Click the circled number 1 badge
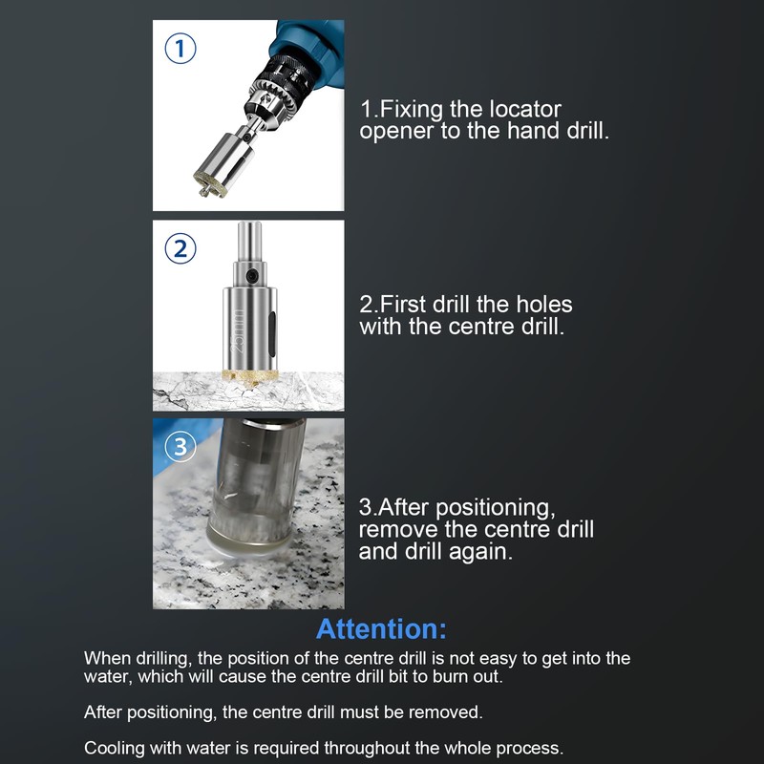(180, 49)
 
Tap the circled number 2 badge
(180, 248)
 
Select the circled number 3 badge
(180, 446)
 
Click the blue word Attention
(381, 628)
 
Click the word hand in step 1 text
(533, 130)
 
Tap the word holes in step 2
(543, 304)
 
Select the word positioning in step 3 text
(495, 509)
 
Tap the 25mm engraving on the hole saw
(237, 330)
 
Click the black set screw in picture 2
(251, 275)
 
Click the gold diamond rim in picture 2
(250, 376)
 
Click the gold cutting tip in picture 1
(210, 182)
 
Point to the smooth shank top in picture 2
(249, 242)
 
